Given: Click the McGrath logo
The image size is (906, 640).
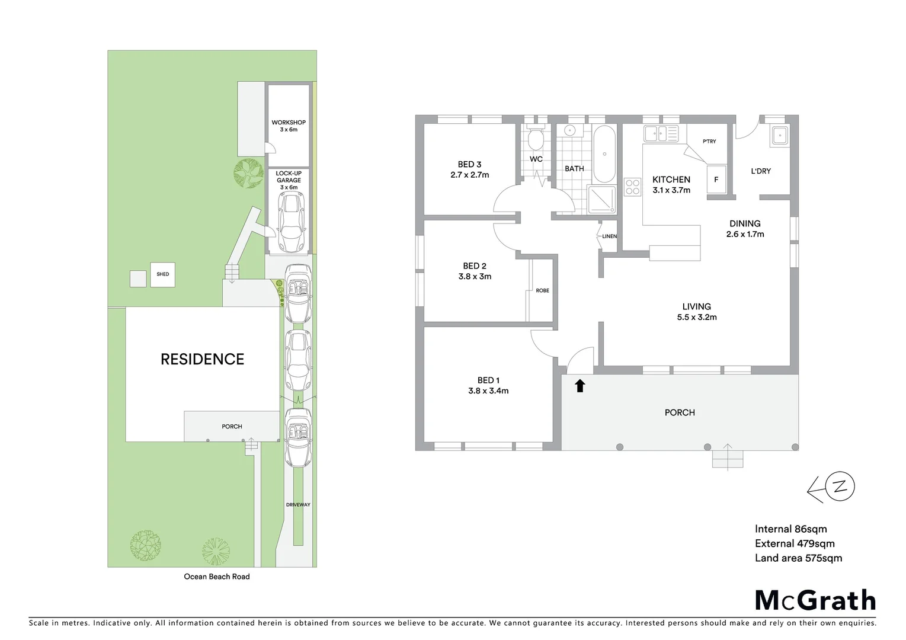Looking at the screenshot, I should (815, 600).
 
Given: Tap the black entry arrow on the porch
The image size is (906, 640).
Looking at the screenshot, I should (580, 386).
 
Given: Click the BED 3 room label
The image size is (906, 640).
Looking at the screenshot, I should (469, 169).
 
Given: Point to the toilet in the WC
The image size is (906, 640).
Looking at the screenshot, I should (536, 140).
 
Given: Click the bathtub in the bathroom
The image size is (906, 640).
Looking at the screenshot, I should (604, 154).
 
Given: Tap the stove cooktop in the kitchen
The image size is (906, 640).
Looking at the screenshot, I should (632, 187).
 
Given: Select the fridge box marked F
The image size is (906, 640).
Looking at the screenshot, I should (716, 179).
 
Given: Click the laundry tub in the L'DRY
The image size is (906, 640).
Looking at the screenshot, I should (779, 136).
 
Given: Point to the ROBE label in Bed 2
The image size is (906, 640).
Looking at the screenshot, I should (542, 290).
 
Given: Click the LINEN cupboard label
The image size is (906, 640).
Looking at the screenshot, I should (609, 236).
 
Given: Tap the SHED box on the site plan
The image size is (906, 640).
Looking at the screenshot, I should (162, 274).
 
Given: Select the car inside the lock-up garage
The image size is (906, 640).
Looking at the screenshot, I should (289, 222).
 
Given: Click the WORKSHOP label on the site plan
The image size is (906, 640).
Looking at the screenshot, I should (289, 126).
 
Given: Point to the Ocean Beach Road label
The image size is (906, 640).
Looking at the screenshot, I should (217, 577).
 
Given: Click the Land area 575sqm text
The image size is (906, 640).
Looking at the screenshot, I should (798, 558).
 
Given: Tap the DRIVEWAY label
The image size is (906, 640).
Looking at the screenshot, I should (298, 505).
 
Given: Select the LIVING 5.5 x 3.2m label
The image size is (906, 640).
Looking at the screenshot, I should (696, 312).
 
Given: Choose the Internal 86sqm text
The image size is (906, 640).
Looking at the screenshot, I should (790, 529).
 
